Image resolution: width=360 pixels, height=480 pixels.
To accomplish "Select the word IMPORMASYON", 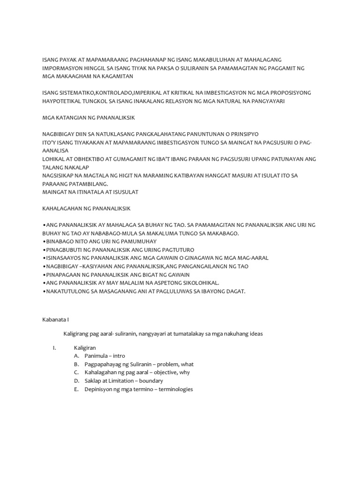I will coord(61,68).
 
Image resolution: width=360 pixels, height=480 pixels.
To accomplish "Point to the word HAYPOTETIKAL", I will coord(61,101).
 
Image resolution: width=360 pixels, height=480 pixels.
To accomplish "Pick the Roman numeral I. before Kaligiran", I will coord(54,347).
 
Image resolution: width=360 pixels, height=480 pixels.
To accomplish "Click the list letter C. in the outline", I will coord(76,373).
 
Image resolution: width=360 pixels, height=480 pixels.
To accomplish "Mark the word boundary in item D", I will coord(161,381).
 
